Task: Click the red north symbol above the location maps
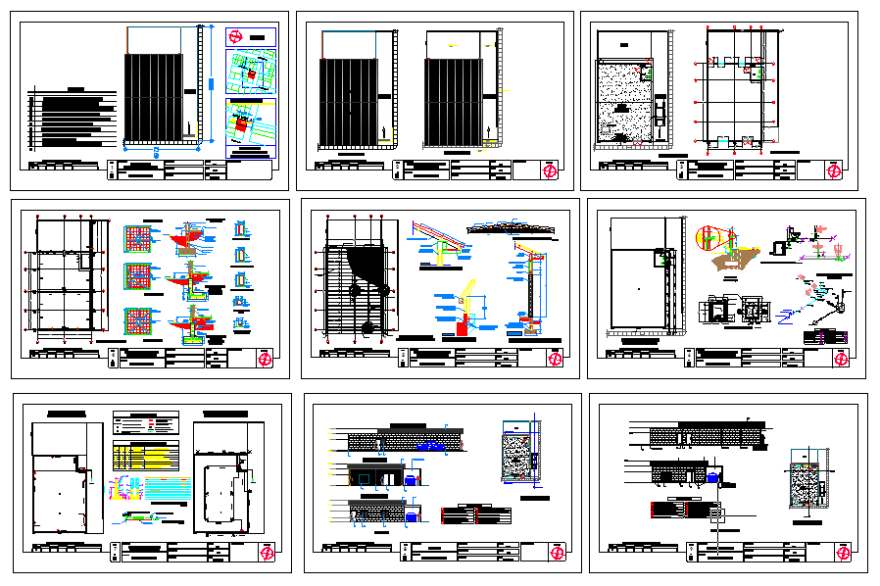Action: (235, 36)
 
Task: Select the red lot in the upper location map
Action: (250, 73)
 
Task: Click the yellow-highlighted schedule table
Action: (145, 456)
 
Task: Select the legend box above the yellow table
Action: (146, 423)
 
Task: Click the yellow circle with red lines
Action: (708, 237)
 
